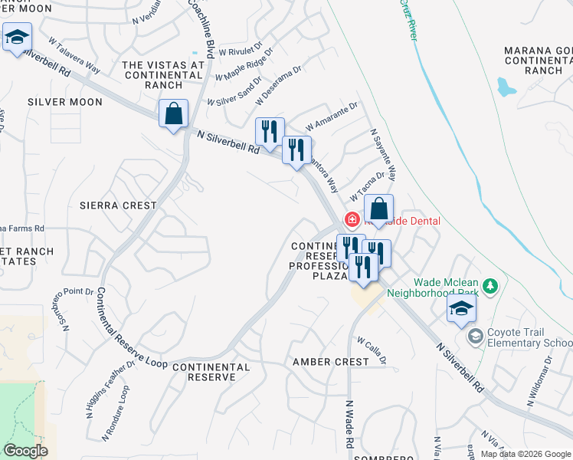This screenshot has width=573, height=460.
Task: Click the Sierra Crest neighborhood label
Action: tap(118, 205)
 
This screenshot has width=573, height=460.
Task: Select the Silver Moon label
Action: tap(64, 101)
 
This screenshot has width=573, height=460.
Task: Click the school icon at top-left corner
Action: tap(17, 37)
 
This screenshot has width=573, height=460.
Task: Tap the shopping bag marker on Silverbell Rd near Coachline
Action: tap(174, 114)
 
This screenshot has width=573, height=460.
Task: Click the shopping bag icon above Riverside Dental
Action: tap(378, 208)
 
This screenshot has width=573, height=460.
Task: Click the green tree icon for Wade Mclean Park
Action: tap(490, 286)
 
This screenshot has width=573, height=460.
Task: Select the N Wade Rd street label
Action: tap(349, 424)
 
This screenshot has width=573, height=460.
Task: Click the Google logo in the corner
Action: tap(25, 451)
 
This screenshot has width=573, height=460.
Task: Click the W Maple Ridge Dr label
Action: tap(244, 71)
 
